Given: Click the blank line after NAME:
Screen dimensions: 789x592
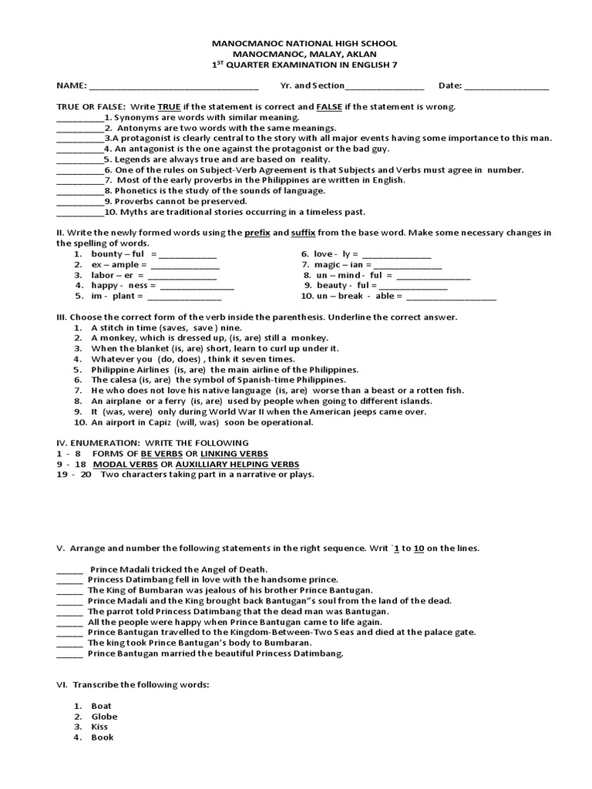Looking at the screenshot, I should click(x=173, y=86).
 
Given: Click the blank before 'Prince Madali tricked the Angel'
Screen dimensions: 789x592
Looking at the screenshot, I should click(x=69, y=569).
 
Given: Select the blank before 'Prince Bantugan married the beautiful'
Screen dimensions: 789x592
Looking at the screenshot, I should click(x=69, y=654).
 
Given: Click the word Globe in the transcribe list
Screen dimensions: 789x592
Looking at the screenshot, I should click(x=104, y=717).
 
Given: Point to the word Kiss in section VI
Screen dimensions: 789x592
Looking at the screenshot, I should click(x=99, y=727).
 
